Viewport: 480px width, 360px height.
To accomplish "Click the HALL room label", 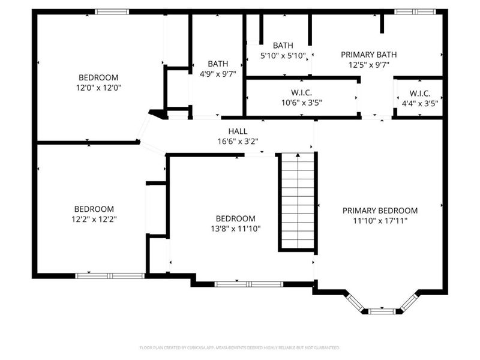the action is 238,131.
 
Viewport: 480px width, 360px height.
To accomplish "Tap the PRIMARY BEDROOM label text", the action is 380,211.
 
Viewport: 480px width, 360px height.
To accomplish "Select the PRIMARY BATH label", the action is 369,55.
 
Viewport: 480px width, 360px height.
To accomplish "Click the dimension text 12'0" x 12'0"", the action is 98,88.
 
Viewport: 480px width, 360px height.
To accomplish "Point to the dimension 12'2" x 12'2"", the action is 94,219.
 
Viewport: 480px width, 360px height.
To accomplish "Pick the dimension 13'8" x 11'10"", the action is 235,229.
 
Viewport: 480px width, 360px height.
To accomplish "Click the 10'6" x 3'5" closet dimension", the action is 302,103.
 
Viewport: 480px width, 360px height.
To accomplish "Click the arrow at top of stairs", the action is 298,155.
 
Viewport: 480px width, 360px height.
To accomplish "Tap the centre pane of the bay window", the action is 382,311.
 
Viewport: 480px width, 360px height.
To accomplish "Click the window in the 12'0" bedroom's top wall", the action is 112,12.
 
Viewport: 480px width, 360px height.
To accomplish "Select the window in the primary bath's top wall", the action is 415,12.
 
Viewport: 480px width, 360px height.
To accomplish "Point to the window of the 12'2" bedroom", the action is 110,276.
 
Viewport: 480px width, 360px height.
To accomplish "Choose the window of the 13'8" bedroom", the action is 249,284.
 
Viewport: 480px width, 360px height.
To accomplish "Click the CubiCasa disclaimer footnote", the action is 239,348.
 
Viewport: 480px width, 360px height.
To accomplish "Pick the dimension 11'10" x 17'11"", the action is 380,221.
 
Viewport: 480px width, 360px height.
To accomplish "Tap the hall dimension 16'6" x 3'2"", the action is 238,142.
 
